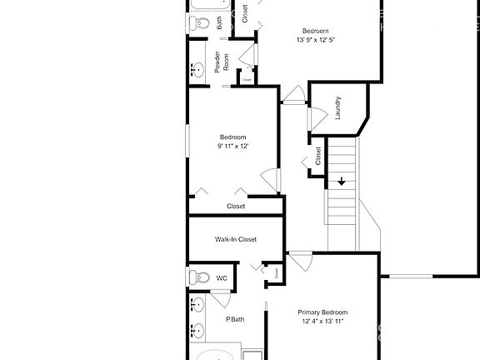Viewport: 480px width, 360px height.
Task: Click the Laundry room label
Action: [x=337, y=108]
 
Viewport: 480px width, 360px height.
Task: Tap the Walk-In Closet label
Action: [x=236, y=239]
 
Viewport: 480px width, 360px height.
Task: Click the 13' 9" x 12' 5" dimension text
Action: [x=321, y=39]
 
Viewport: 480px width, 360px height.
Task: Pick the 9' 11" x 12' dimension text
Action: [x=232, y=146]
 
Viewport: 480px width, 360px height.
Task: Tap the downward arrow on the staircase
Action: [x=342, y=181]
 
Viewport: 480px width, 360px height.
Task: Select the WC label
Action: [x=222, y=278]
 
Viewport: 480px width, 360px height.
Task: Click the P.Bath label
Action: [x=234, y=319]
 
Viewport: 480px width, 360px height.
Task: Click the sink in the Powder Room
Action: [x=199, y=72]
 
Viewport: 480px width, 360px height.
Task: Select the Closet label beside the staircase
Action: [x=318, y=156]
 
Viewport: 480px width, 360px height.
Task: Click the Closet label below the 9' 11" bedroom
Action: [x=236, y=206]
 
